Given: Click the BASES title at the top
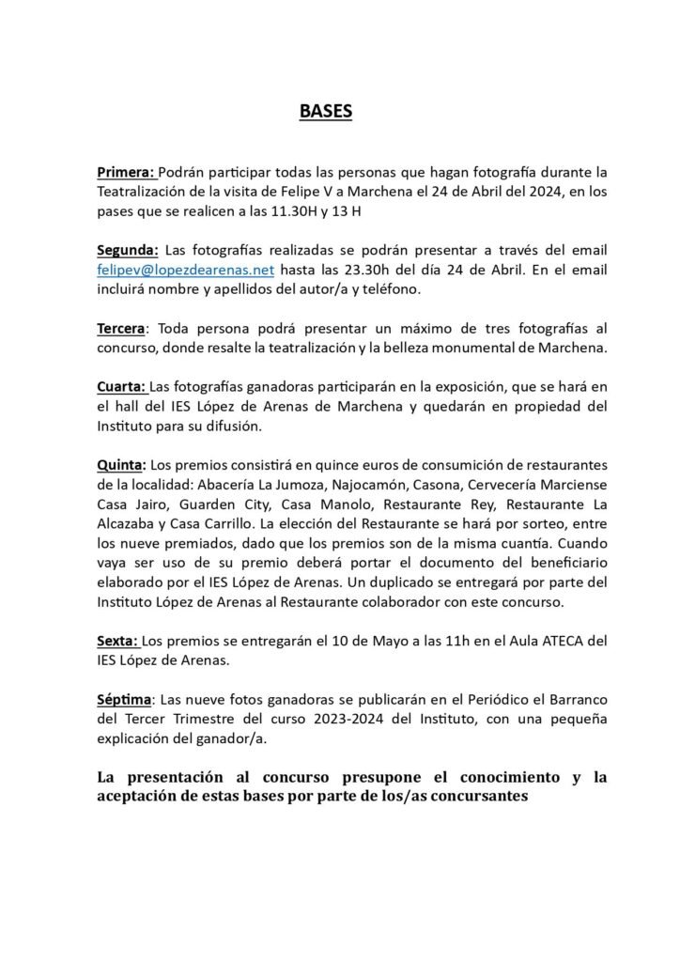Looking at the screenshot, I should click(x=325, y=112).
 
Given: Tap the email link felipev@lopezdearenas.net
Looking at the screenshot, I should click(x=185, y=270).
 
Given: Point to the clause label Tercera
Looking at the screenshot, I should click(x=121, y=330).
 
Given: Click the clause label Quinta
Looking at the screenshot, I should click(x=121, y=465).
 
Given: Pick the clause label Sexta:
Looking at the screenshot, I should click(x=118, y=641).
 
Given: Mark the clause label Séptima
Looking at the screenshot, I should click(x=125, y=700).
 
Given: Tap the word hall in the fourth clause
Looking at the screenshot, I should click(x=125, y=406).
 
